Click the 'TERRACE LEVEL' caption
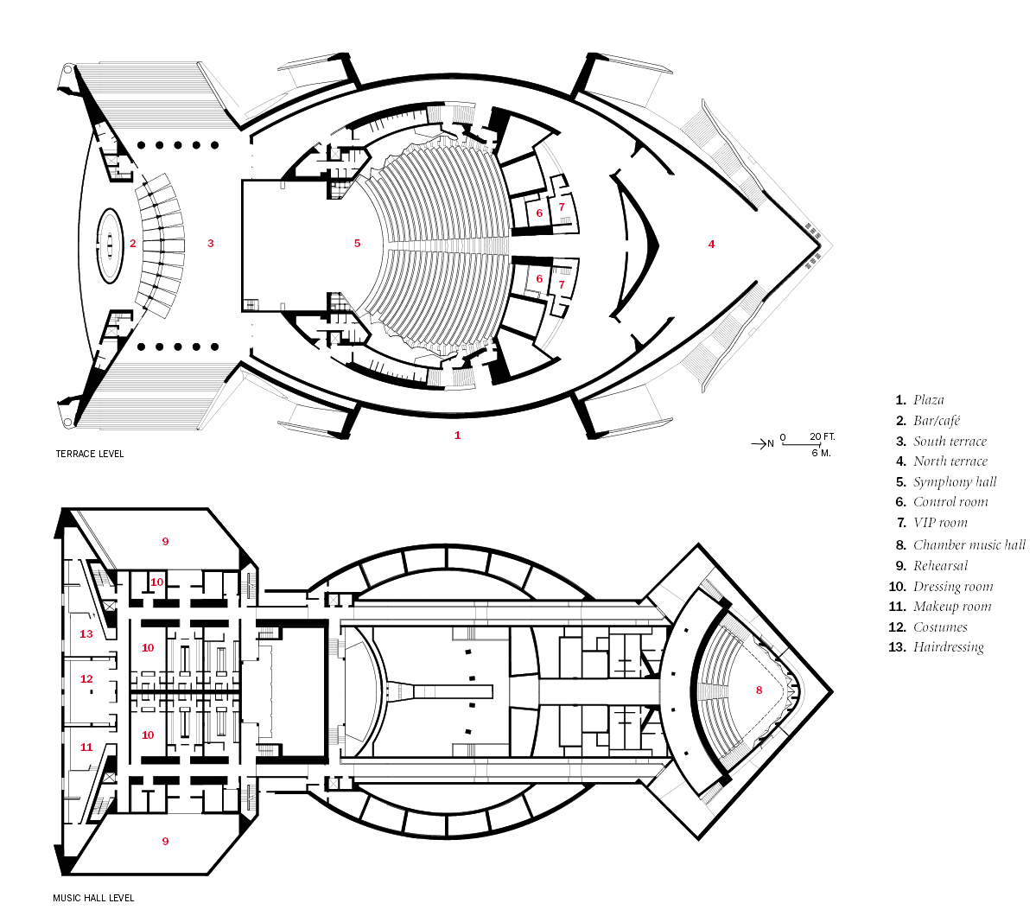[90, 454]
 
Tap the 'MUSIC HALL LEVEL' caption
[93, 898]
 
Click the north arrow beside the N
[757, 443]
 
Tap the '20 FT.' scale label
[823, 437]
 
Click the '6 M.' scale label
[821, 454]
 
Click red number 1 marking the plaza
[457, 436]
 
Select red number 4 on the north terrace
[712, 245]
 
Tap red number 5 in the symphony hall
[358, 244]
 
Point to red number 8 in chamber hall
[760, 690]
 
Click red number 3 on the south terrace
[211, 244]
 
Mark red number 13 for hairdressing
[86, 634]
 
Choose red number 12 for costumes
[86, 679]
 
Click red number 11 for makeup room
[86, 747]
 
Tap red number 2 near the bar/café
[133, 244]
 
